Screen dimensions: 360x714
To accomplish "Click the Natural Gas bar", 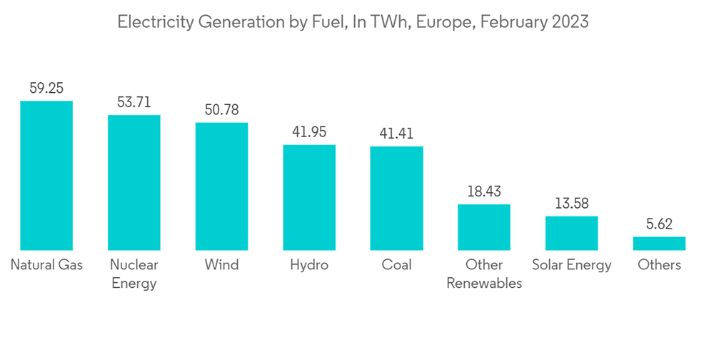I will (x=46, y=175).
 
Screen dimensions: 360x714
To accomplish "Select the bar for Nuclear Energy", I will (x=134, y=182).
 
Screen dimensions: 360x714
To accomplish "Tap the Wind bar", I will (x=222, y=186).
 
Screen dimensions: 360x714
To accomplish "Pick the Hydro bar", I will (x=309, y=197).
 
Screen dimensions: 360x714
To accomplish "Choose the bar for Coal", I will (x=396, y=198).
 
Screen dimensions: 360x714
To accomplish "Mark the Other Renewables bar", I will (x=484, y=227).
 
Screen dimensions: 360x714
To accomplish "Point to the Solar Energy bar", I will (x=572, y=233).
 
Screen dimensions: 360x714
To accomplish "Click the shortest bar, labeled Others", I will (x=659, y=244).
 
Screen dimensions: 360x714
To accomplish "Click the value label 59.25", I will (x=46, y=89).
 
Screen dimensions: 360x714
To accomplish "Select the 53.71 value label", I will (x=134, y=102).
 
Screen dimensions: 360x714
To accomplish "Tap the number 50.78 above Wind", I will (x=222, y=110).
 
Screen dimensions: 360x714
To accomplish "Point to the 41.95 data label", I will (x=309, y=132).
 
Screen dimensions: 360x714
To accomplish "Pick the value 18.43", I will (x=484, y=191).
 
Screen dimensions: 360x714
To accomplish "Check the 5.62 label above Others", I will (x=659, y=224).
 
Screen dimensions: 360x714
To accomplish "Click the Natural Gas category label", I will (x=46, y=265).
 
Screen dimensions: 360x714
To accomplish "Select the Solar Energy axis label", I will (x=572, y=265).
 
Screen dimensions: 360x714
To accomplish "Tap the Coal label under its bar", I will (x=396, y=265).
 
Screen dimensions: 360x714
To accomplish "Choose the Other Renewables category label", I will (x=484, y=274).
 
